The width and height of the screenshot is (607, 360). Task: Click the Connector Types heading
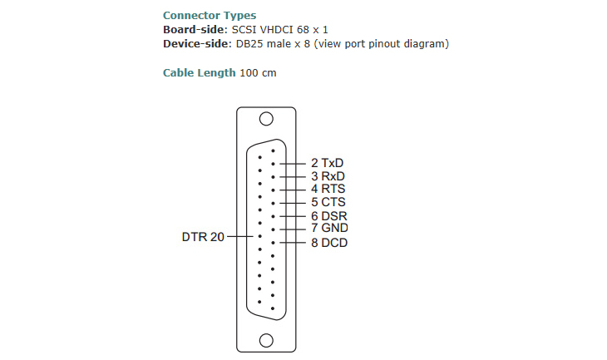point(210,16)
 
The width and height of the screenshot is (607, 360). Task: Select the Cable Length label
point(200,73)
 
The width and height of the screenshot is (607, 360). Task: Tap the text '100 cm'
point(258,73)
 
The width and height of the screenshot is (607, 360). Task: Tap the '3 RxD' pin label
point(328,176)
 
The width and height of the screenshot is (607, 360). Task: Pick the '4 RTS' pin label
point(328,189)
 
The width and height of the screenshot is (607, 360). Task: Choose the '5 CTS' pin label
point(328,202)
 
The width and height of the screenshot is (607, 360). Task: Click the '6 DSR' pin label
point(328,216)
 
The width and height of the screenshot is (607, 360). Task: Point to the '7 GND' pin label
point(328,228)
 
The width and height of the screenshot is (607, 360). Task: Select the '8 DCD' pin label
point(328,243)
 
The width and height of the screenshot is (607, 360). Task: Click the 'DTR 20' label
point(203,237)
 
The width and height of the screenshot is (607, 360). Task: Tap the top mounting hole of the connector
point(267,119)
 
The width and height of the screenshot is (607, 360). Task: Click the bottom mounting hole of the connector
point(267,339)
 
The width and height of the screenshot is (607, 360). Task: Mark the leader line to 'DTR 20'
point(242,237)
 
